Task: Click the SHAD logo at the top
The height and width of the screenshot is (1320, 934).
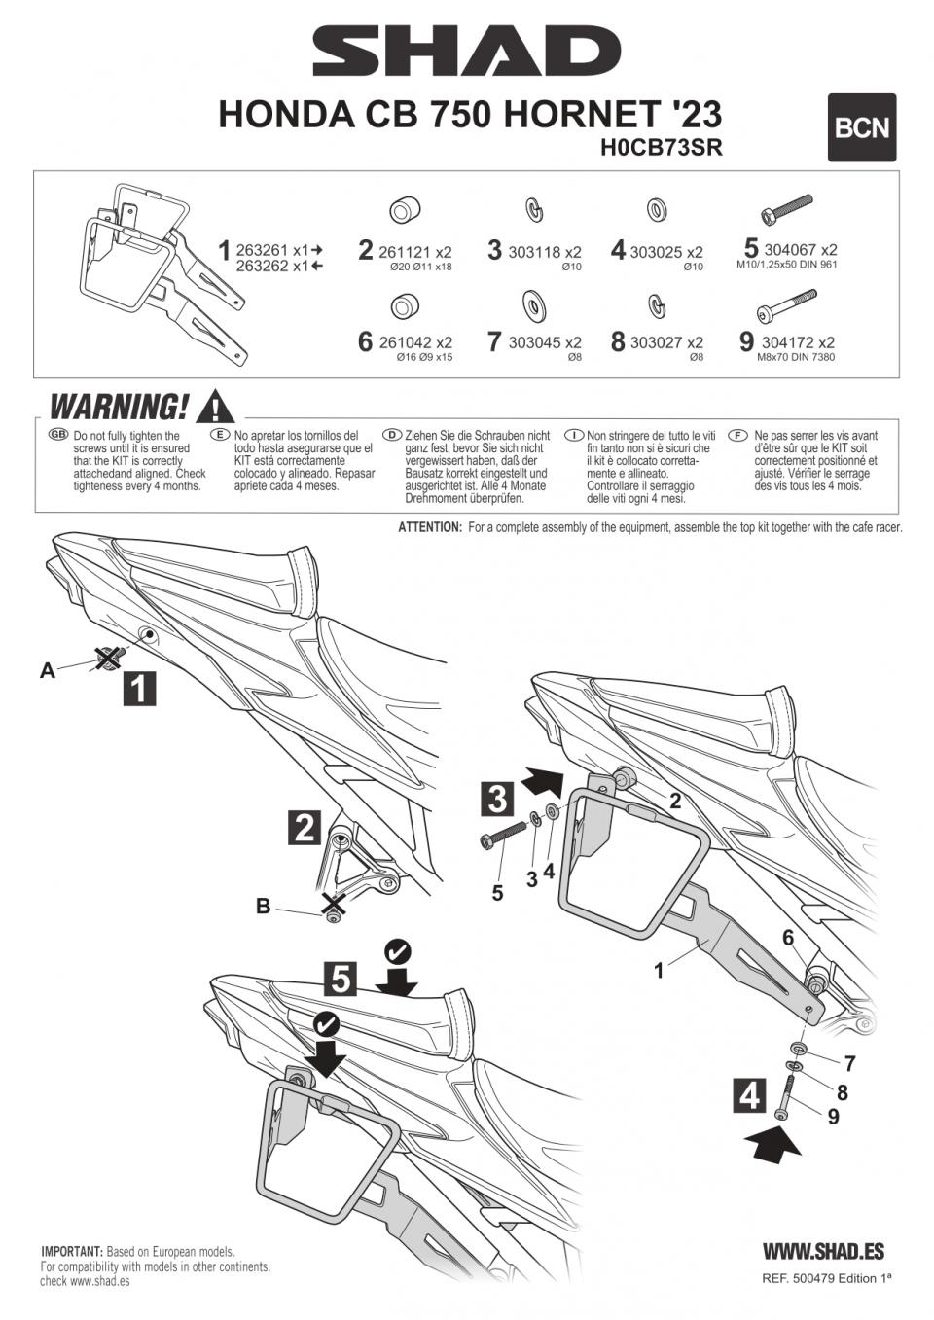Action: point(466,51)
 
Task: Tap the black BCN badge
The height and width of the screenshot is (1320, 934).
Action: point(861,127)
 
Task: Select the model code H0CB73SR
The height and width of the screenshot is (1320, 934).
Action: point(662,148)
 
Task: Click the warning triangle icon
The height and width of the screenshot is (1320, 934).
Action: point(214,406)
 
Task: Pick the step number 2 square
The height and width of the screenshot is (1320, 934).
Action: point(305,828)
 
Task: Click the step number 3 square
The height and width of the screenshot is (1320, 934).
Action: point(497,799)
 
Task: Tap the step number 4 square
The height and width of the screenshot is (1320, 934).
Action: point(749,1095)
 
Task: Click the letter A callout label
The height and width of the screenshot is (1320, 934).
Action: point(47,670)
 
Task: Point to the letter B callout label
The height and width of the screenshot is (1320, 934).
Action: point(263,907)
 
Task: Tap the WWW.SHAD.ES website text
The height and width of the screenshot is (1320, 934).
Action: point(823,1252)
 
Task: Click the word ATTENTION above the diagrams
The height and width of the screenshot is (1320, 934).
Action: point(429,527)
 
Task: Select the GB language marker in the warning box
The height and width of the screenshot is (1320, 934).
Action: point(57,434)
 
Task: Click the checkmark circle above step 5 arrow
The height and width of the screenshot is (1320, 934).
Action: point(397,950)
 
